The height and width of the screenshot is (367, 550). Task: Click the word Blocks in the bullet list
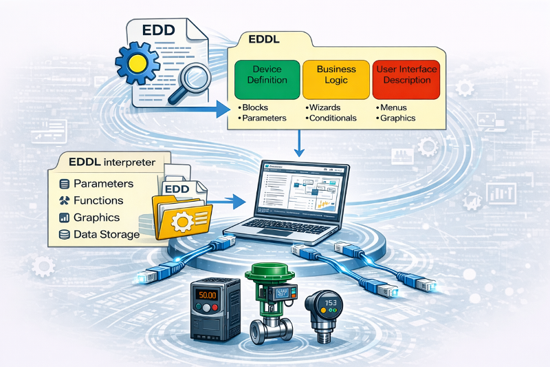(x=256, y=108)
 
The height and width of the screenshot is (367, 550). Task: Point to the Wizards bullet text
(x=326, y=108)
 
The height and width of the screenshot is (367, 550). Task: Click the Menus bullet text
(x=394, y=108)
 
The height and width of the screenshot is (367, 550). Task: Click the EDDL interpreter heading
(x=111, y=162)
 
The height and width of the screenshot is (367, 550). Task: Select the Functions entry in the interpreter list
(x=98, y=200)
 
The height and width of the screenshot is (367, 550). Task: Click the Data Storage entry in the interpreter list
(x=107, y=234)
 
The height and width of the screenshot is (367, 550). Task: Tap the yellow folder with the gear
(x=181, y=216)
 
